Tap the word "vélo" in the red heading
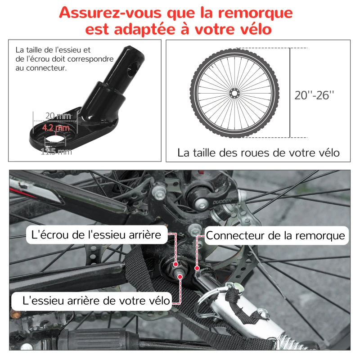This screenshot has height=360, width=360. (x=249, y=30)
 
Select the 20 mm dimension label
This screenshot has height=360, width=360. (x=58, y=116)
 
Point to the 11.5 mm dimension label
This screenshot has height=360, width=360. (x=56, y=152)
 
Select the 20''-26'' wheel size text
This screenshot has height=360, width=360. (x=315, y=95)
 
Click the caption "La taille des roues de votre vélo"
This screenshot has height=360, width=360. (x=258, y=153)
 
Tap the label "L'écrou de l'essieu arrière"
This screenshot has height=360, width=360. (x=96, y=234)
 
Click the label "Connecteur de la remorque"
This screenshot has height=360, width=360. (x=275, y=235)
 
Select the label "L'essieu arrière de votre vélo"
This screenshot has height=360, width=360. (x=91, y=300)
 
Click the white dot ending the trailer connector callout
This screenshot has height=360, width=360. (x=197, y=268)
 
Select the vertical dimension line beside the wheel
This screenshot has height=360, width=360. (x=290, y=92)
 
